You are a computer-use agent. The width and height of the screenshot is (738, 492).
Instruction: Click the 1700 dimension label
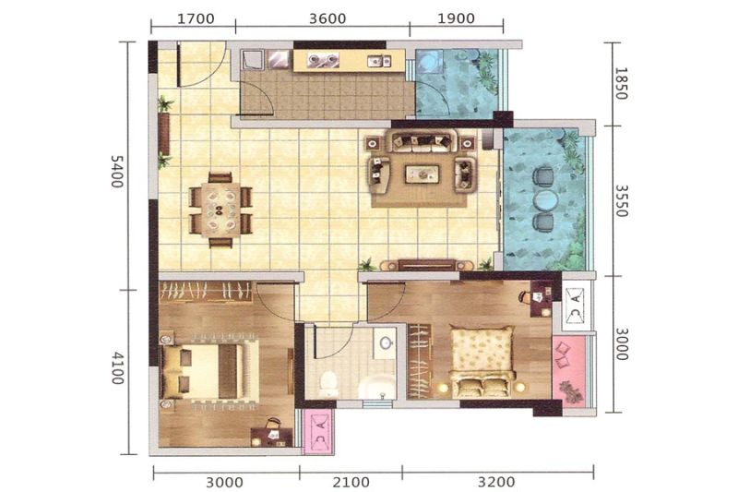[196, 18]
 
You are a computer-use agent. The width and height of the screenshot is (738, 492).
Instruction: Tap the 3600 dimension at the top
[327, 18]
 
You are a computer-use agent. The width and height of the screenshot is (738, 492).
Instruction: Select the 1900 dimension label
[456, 18]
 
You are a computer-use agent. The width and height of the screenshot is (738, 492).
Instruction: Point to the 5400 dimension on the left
[117, 172]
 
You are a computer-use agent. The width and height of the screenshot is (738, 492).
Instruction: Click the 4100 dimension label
[118, 367]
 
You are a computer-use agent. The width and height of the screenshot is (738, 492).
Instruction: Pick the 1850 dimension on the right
[621, 83]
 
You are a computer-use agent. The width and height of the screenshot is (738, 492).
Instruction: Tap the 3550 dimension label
[622, 200]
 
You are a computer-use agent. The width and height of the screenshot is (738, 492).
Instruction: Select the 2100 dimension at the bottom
[351, 482]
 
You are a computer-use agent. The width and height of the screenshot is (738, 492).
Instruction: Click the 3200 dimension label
[496, 482]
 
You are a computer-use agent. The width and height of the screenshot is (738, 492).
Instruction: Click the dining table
[220, 210]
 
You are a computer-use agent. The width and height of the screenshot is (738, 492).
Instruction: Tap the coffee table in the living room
[423, 174]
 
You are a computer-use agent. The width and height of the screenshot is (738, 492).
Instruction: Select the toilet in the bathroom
[327, 381]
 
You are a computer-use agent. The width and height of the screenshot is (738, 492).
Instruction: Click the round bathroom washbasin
[387, 342]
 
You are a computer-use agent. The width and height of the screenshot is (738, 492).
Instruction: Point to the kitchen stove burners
[324, 59]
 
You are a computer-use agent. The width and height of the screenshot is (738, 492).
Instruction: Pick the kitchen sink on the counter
[379, 60]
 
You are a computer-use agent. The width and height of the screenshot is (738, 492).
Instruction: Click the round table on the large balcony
[544, 200]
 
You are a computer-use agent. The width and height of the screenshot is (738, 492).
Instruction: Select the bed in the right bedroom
[482, 360]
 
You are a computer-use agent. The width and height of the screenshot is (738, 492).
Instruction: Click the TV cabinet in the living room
[427, 265]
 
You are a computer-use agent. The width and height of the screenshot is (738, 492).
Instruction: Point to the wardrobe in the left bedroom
[206, 292]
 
